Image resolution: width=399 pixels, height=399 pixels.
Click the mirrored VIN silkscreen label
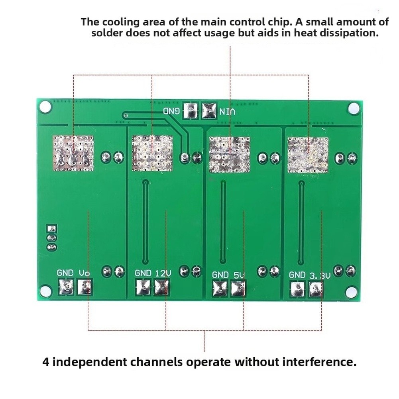[x=227, y=112]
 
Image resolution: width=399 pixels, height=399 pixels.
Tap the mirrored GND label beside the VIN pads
[x=171, y=111]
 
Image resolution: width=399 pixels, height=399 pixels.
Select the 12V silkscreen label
[x=163, y=273]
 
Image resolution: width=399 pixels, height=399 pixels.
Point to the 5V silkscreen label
[x=239, y=275]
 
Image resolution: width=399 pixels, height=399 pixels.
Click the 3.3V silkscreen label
[x=320, y=275]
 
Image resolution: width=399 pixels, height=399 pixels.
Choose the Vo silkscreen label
[x=84, y=273]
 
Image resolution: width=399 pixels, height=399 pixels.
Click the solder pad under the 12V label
[x=161, y=287]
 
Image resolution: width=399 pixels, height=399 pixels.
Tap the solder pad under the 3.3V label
[x=316, y=289]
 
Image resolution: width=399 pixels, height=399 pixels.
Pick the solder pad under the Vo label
[x=85, y=287]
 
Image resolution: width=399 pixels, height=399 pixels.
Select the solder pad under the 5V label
[x=238, y=288]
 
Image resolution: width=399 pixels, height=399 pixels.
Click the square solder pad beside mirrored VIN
[x=209, y=110]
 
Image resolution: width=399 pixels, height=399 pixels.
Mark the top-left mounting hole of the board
[x=45, y=107]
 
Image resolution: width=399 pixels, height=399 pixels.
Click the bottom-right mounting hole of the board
[x=351, y=292]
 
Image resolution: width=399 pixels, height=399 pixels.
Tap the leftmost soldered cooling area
[x=73, y=153]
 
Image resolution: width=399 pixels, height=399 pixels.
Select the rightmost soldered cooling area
[x=308, y=155]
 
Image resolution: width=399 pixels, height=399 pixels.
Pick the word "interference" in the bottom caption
[x=320, y=362]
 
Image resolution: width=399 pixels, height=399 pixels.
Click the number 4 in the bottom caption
[x=46, y=362]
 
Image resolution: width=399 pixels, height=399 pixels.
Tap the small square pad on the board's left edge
[x=52, y=228]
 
